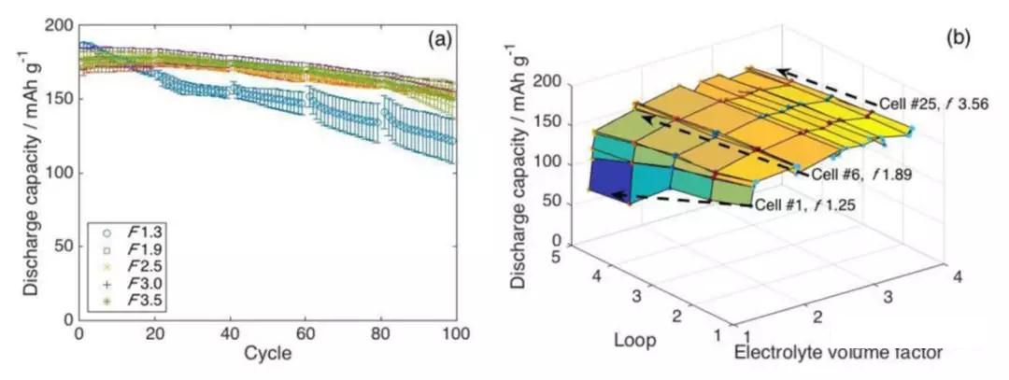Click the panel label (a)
click(x=441, y=40)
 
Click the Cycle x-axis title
click(x=267, y=354)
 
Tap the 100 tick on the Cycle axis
click(x=455, y=333)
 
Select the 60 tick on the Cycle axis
click(x=306, y=333)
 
